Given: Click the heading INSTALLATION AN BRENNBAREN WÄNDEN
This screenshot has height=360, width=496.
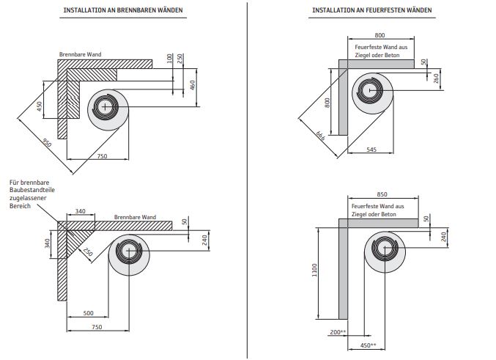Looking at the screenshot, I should pyautogui.click(x=124, y=11).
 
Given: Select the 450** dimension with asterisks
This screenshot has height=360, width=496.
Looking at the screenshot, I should pyautogui.click(x=368, y=345).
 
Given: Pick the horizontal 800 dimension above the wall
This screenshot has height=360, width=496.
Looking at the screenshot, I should pyautogui.click(x=379, y=34).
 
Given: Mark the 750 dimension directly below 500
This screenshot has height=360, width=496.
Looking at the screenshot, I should pyautogui.click(x=96, y=328).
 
